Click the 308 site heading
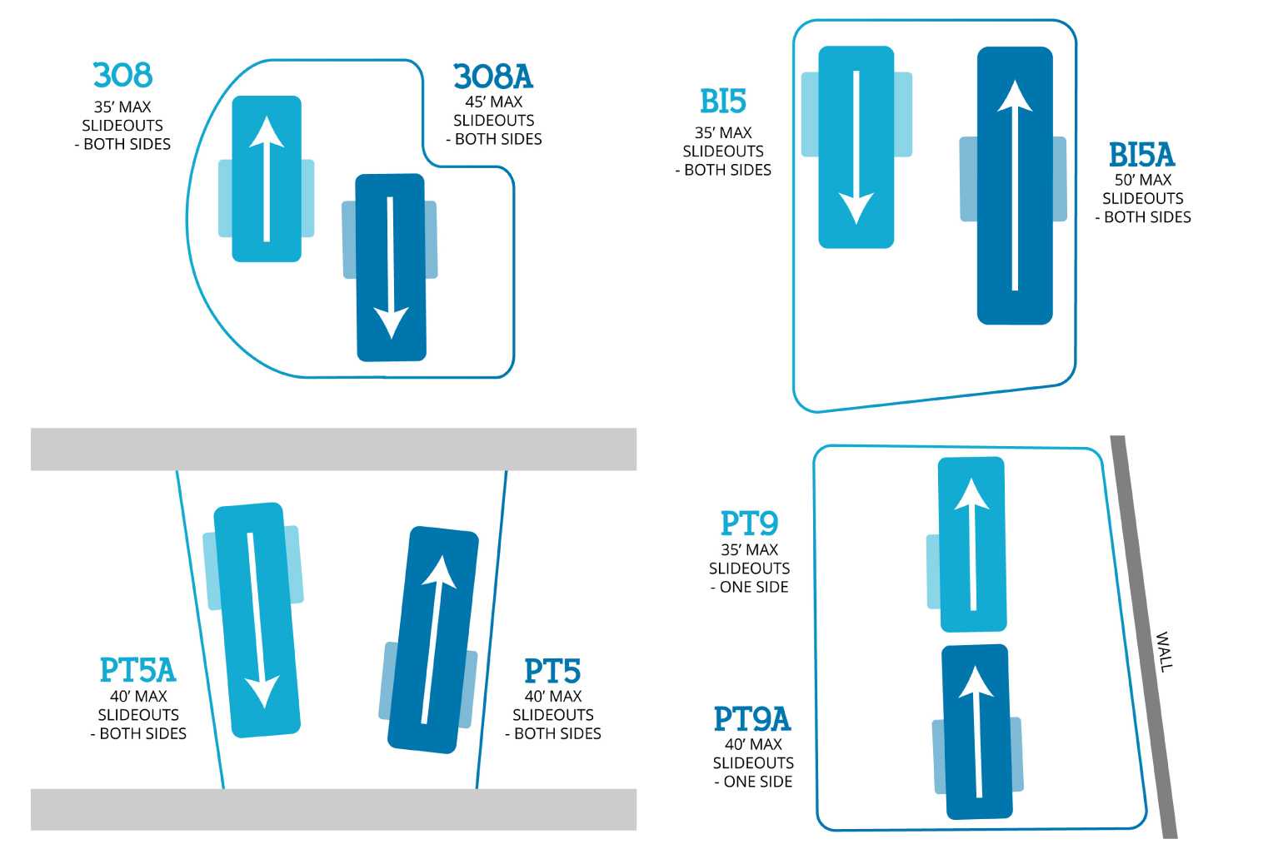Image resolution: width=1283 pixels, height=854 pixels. tap(122, 75)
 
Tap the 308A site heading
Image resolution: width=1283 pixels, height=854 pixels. tap(493, 76)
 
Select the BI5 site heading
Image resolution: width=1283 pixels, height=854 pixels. tap(723, 102)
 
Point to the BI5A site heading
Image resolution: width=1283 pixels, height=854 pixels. tap(1141, 154)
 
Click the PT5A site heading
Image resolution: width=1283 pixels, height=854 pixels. tap(138, 670)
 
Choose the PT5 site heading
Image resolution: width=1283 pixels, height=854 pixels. tap(552, 671)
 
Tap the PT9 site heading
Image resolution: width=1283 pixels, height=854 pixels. tap(749, 523)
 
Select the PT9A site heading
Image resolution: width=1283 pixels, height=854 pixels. tap(752, 719)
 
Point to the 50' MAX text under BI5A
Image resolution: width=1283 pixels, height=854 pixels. tap(1143, 180)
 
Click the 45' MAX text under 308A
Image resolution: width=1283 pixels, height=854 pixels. tap(494, 102)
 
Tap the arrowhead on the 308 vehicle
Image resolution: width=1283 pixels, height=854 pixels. tap(267, 132)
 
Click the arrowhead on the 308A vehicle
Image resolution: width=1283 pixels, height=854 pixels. tap(392, 323)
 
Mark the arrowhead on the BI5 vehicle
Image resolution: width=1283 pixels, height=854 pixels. tap(856, 208)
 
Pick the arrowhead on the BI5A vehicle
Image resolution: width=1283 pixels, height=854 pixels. tap(1015, 96)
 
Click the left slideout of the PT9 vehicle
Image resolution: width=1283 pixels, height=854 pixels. tap(933, 571)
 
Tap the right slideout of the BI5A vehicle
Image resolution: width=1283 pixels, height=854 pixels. tap(1060, 179)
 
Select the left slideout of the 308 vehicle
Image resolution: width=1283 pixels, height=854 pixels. tap(225, 198)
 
